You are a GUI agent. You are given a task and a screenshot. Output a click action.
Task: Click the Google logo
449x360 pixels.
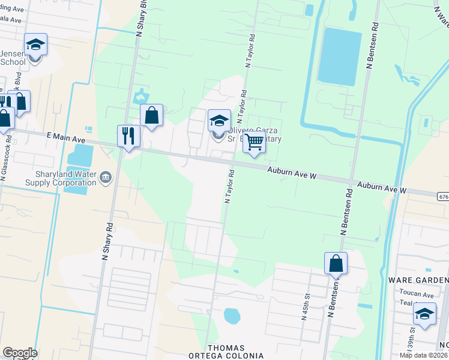pos(20,353)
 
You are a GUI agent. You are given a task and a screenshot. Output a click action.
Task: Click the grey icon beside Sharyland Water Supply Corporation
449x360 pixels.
pos(106,176)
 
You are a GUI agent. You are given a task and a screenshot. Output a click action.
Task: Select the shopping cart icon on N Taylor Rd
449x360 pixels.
pos(255,142)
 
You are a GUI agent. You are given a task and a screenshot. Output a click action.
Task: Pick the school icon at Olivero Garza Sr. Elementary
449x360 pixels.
pos(219,119)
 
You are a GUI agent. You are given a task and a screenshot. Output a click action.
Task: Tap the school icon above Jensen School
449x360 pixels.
pos(35,44)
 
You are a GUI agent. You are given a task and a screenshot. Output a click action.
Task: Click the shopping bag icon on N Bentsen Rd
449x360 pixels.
pos(336,263)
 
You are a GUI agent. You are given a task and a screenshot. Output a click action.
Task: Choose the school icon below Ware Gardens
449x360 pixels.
pos(424,314)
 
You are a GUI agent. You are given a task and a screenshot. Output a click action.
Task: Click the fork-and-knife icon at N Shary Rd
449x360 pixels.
pos(128,135)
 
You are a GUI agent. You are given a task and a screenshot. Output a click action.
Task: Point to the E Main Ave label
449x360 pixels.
pos(67,139)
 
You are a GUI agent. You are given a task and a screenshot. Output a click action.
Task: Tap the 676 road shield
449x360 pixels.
pos(442,196)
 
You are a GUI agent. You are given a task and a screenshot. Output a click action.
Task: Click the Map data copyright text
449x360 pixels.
pos(423,355)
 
